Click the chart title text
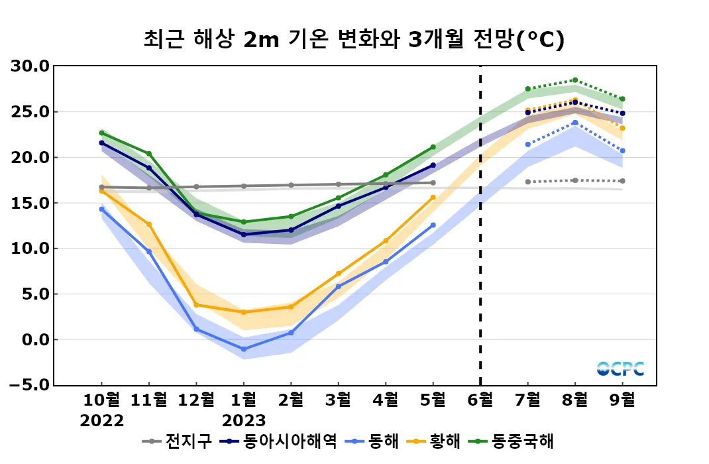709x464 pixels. click(x=354, y=40)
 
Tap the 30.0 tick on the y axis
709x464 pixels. click(x=30, y=66)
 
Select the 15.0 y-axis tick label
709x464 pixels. click(x=30, y=203)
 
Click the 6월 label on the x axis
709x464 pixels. click(x=480, y=400)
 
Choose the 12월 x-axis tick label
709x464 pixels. click(x=196, y=400)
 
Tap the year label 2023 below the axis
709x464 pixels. click(x=244, y=421)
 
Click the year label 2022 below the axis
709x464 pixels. click(x=102, y=421)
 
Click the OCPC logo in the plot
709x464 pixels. click(x=620, y=369)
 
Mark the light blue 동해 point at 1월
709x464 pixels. click(x=244, y=349)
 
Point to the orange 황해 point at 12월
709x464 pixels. click(x=196, y=305)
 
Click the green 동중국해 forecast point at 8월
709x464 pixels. click(x=575, y=80)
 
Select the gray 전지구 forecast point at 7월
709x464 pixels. click(x=527, y=182)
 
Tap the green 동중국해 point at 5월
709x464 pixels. click(x=433, y=147)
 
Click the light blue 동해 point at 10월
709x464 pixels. click(x=102, y=209)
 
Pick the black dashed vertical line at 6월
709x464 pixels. click(x=480, y=225)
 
